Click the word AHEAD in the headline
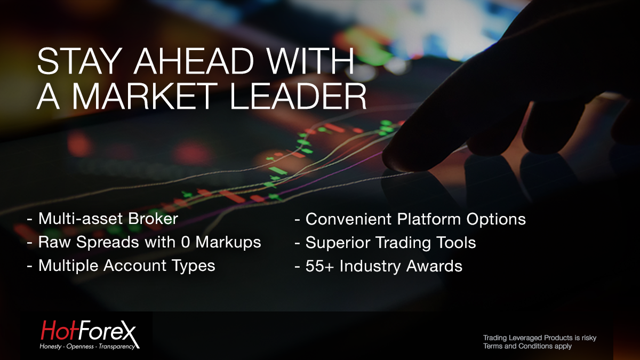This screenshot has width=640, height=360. click(x=194, y=61)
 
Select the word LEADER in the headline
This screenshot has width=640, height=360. click(x=298, y=96)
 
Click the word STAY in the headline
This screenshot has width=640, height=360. click(x=78, y=61)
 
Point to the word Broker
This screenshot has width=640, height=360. click(x=153, y=219)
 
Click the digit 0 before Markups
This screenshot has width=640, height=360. click(x=185, y=242)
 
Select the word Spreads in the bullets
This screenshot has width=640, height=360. click(x=107, y=243)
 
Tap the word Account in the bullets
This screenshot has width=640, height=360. click(x=134, y=266)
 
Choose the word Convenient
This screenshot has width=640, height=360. click(x=348, y=219)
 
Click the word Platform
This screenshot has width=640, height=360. click(x=429, y=219)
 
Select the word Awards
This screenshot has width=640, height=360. click(x=434, y=266)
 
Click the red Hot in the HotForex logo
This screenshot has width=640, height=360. click(x=60, y=330)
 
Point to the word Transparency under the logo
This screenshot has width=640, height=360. click(x=117, y=347)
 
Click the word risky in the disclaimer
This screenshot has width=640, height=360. click(x=589, y=338)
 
